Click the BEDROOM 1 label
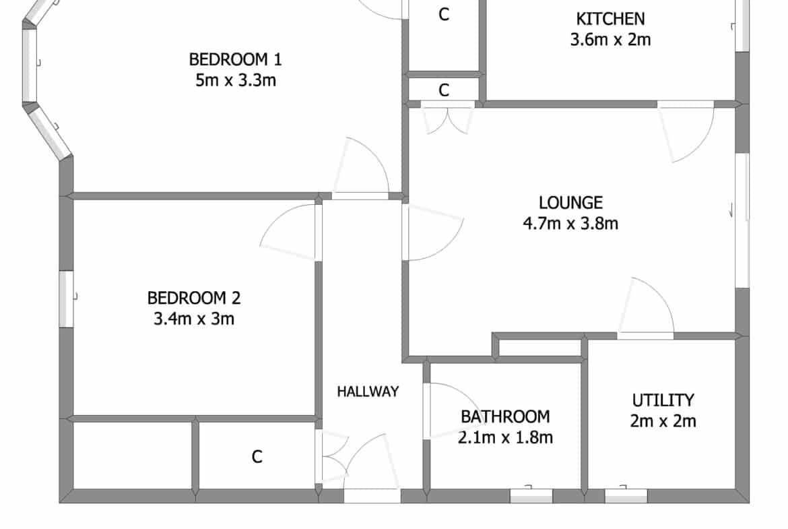(x=235, y=59)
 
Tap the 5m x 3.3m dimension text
(x=236, y=80)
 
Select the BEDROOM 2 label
(x=194, y=298)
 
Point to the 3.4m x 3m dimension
(x=194, y=318)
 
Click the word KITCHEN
(x=610, y=19)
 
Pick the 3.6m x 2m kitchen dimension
(x=610, y=39)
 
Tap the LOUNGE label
(x=570, y=202)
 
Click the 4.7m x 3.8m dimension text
(x=570, y=223)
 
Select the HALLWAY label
(x=368, y=392)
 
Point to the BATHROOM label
(x=505, y=416)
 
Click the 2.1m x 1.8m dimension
(x=505, y=437)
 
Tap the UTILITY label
(x=663, y=400)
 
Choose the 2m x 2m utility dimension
(x=663, y=421)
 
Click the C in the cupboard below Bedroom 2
(x=257, y=457)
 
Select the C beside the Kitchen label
(x=443, y=15)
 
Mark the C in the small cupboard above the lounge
(x=443, y=90)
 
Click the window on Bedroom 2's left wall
(x=66, y=299)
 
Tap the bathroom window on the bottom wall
(x=531, y=495)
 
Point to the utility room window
(x=626, y=495)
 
